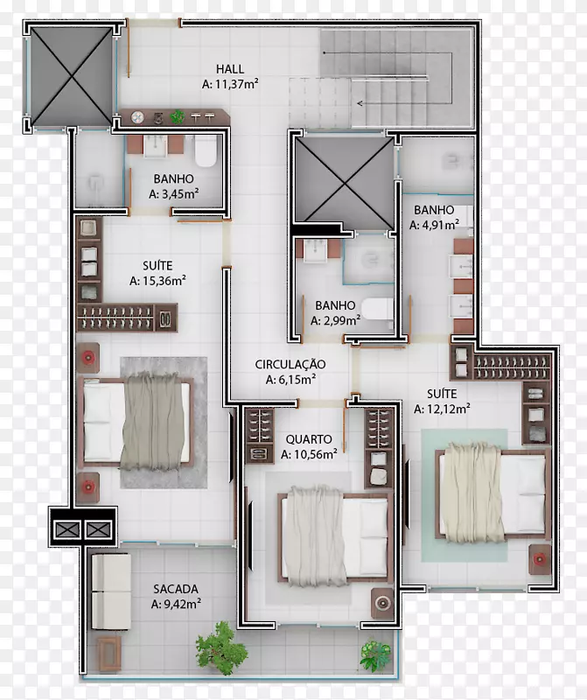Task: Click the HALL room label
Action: pos(230,69)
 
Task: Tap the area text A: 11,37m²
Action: pos(230,84)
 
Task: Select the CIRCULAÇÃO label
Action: pos(290,364)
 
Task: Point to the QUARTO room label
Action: pos(309,439)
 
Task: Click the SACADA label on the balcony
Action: pos(176,589)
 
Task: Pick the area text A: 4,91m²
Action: pos(434,225)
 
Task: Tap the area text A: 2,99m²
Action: pos(335,320)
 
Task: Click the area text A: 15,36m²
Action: pos(157,281)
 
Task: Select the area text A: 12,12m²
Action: pos(442,409)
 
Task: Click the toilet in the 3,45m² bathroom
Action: pos(206,150)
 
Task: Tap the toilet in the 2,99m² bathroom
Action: pos(378,309)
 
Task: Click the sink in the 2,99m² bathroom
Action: pos(316,250)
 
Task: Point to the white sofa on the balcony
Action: pos(111,591)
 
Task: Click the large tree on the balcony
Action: pos(221,646)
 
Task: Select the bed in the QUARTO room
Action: pos(335,536)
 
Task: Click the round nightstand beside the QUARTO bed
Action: pos(382,603)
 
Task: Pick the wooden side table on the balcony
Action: pos(109,654)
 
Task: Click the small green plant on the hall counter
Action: pos(178,117)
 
